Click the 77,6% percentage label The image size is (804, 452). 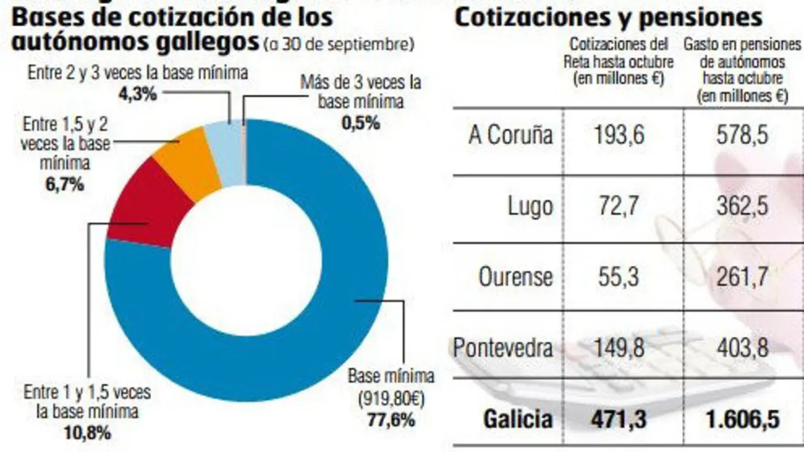click(391, 420)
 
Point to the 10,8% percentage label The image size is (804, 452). click(87, 433)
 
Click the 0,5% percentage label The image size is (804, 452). click(361, 123)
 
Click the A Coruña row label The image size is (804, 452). click(510, 136)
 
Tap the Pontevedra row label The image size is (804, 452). click(503, 347)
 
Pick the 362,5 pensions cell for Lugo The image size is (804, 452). click(742, 207)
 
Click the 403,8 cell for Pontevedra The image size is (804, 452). click(742, 347)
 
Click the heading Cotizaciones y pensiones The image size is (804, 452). click(608, 17)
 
